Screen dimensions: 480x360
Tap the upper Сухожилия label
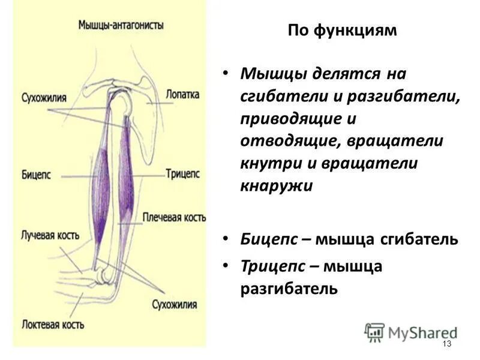44,97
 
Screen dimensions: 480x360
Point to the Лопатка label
183,94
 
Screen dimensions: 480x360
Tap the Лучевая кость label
50,233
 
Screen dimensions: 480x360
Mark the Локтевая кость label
53,325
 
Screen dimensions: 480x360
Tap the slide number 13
446,343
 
